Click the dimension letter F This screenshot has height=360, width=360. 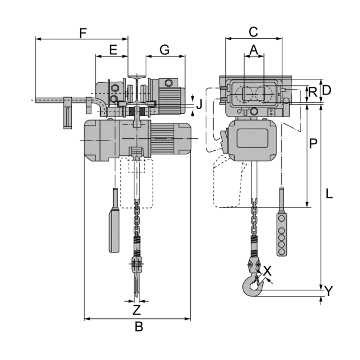pos(83,33)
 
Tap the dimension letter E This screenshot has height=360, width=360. pos(113,50)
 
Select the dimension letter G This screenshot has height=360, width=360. pos(165,50)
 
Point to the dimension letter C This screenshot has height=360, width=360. pos(254,32)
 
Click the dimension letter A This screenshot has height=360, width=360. pos(254,50)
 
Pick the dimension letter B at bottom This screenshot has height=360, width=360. pos(139,326)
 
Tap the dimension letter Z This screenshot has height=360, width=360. pos(137,310)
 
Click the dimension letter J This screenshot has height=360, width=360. pos(199,104)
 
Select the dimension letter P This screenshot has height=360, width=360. pos(313,143)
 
